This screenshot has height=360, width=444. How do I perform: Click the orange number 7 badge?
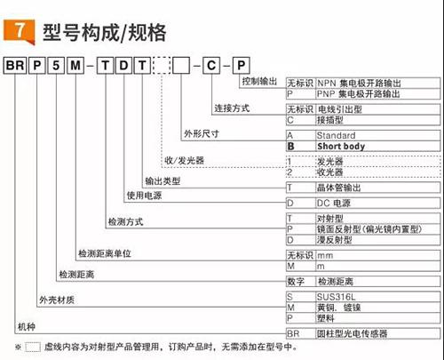[19, 31]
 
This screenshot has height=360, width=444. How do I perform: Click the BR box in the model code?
[15, 66]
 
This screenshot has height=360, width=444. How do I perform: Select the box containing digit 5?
[56, 66]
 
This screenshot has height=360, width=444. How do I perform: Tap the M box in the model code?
[75, 66]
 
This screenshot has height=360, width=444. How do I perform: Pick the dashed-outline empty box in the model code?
[162, 66]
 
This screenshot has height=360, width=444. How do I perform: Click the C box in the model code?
[211, 66]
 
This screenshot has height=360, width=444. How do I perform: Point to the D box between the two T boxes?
[123, 66]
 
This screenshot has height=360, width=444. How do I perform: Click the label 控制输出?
[259, 81]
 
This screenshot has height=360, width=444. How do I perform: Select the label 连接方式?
[232, 108]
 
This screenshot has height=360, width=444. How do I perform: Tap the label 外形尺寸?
[202, 134]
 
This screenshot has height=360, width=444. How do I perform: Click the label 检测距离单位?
[105, 253]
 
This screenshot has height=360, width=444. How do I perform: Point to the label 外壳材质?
[57, 300]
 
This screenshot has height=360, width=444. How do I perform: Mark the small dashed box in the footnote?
[33, 347]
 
